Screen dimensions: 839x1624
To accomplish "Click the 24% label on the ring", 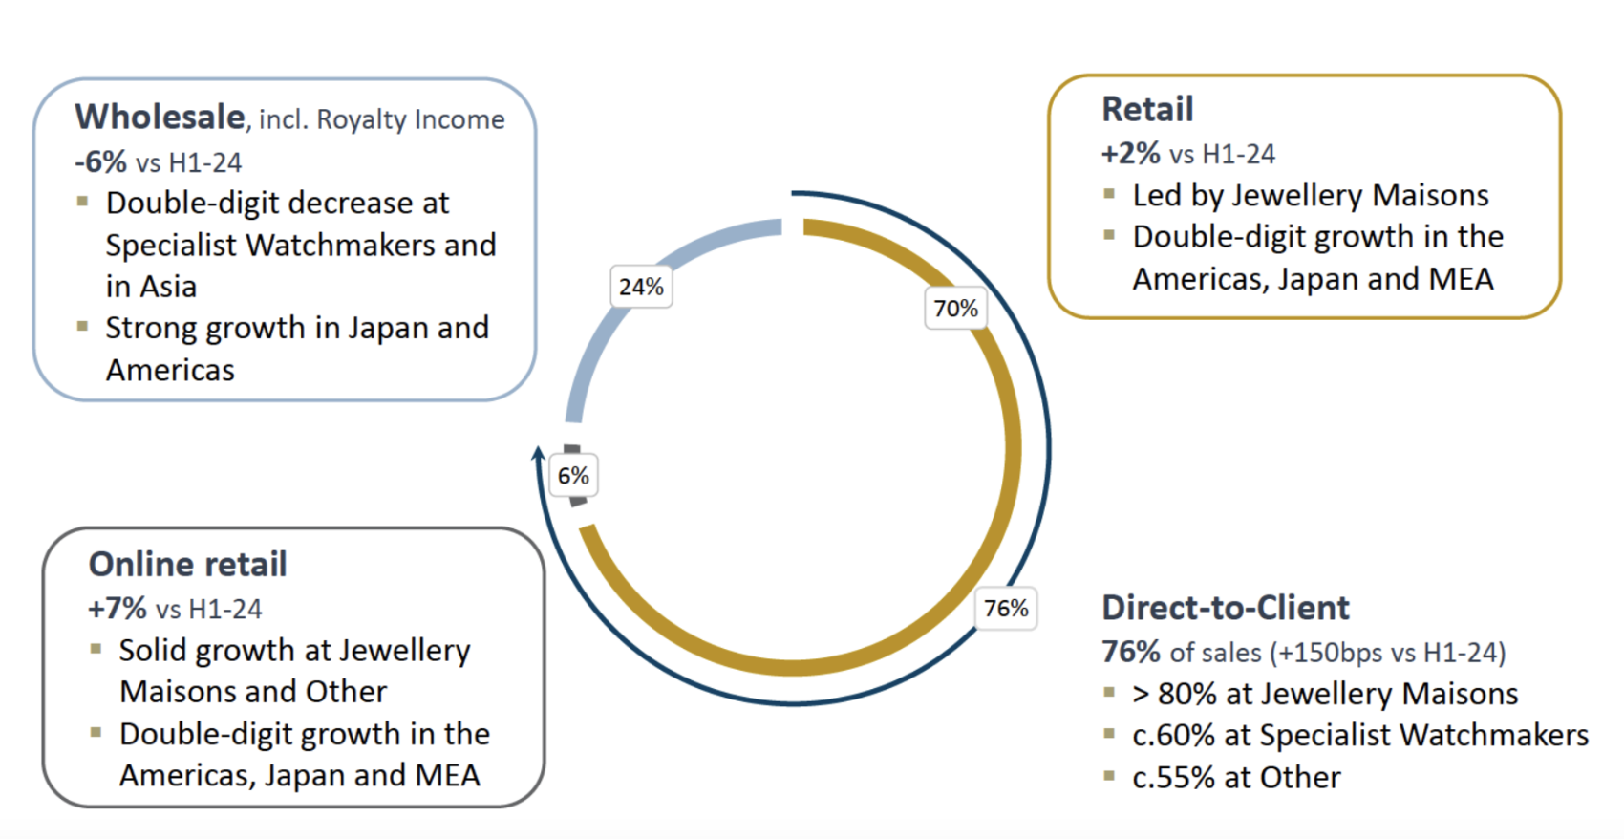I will click(641, 287).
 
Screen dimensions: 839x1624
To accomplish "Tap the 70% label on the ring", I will click(955, 309).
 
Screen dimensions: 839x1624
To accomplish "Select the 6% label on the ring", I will click(573, 476).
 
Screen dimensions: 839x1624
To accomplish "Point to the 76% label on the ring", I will click(1006, 609).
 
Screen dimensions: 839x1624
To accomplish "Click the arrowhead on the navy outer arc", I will click(538, 452).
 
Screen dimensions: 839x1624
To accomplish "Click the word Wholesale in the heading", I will click(160, 118).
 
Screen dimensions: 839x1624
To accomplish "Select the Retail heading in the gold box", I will click(1147, 110).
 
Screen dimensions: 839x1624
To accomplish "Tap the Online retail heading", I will click(187, 565).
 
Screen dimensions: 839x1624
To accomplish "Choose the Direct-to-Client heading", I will click(1225, 608).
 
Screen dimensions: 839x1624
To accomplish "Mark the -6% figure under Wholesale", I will click(100, 162).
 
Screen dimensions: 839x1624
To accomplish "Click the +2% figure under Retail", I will click(1130, 154).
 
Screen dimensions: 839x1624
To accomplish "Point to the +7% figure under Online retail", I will click(117, 609).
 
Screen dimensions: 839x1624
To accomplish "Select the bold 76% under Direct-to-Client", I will click(1130, 653).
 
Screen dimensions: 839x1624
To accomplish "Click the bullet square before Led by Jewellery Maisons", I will click(1109, 194).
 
